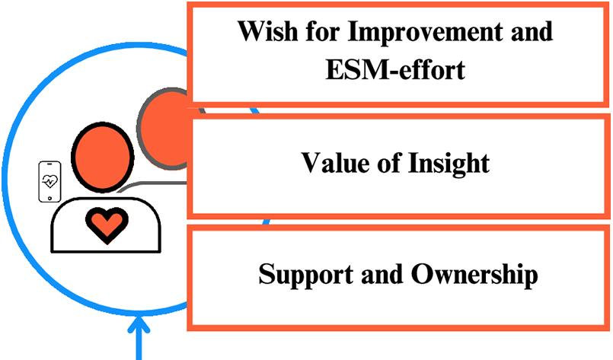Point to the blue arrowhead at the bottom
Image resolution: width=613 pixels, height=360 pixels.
tap(139, 327)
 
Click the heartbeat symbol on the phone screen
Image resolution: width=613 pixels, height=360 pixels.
tap(50, 182)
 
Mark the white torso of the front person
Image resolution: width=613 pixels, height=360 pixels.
tap(76, 228)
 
